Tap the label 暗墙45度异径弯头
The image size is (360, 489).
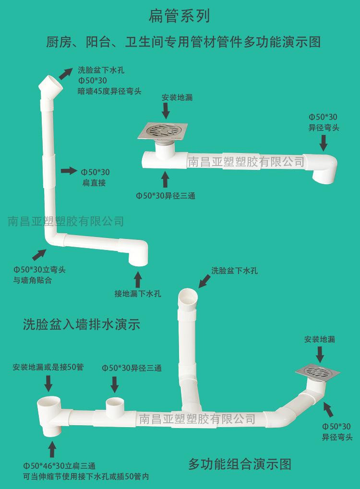[109, 91]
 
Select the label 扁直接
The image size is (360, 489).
[94, 183]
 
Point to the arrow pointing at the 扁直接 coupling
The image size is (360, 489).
[69, 170]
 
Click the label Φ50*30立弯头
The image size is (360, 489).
[39, 269]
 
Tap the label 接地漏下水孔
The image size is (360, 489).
[138, 294]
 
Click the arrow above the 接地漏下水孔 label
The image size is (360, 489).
[138, 280]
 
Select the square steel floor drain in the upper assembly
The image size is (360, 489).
[163, 131]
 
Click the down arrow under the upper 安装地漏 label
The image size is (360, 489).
[166, 110]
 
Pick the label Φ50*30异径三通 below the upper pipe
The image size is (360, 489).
[166, 196]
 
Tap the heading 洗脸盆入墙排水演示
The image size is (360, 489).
[82, 324]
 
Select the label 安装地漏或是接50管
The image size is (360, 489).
[48, 367]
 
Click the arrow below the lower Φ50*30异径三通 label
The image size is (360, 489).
[115, 384]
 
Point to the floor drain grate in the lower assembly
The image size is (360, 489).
[318, 372]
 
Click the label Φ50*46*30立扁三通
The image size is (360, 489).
[60, 466]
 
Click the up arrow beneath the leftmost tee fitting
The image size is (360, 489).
[52, 450]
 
